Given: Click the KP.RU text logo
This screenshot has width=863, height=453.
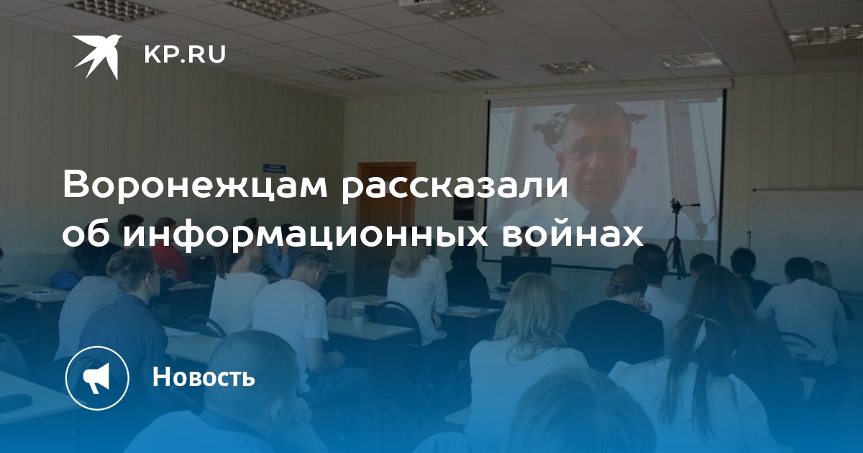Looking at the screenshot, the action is coord(185,55).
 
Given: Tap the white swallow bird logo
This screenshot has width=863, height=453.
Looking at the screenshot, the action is coord(98,57).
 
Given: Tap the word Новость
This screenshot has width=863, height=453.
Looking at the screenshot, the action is coord(204,377).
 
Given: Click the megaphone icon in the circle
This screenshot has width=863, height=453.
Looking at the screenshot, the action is coord(96,377).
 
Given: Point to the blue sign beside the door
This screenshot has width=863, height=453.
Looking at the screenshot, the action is coord(274,168).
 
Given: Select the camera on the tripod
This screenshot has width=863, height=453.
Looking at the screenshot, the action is coord(676,206).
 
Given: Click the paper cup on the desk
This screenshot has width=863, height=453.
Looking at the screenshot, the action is coord(357,311).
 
